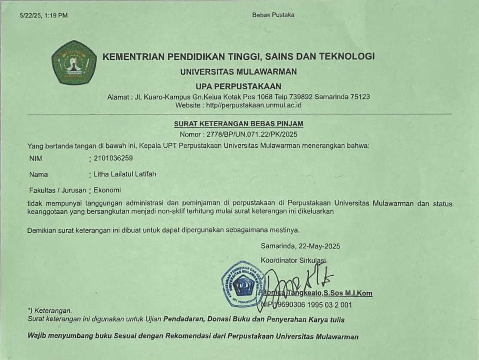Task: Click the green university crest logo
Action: tap(74, 63)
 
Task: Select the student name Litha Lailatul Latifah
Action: tap(125, 174)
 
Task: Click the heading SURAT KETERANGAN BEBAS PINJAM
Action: tap(239, 124)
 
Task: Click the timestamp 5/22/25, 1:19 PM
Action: tap(44, 15)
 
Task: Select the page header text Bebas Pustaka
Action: tap(273, 15)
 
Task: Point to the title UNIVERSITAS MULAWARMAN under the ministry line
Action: tap(239, 72)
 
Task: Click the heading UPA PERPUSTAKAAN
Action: tap(239, 86)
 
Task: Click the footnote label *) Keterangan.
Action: tap(50, 311)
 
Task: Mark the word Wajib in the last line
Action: tap(37, 337)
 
